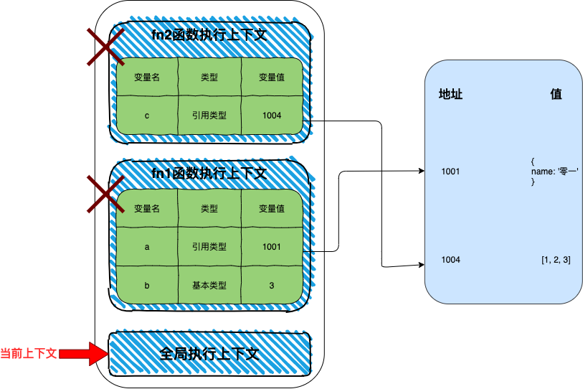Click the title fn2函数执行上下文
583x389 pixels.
tap(209, 34)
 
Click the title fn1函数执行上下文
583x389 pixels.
tap(209, 173)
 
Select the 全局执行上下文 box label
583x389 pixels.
tap(209, 354)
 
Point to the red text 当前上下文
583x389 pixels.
tap(29, 354)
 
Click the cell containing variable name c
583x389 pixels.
tap(146, 115)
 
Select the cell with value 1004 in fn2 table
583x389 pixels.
tap(271, 115)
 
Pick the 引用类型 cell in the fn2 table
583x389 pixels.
tap(209, 115)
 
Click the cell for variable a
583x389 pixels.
tap(146, 247)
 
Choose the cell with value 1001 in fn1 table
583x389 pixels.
tap(271, 247)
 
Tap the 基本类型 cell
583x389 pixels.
tap(209, 286)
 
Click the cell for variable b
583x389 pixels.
tap(146, 286)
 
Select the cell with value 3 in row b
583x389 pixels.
tap(271, 286)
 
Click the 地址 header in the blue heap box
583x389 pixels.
tap(450, 95)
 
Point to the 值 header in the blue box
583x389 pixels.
tap(556, 95)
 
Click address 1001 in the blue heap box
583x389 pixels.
tap(451, 172)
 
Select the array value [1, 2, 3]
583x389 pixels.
tap(556, 259)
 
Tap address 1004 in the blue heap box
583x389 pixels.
tap(451, 259)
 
